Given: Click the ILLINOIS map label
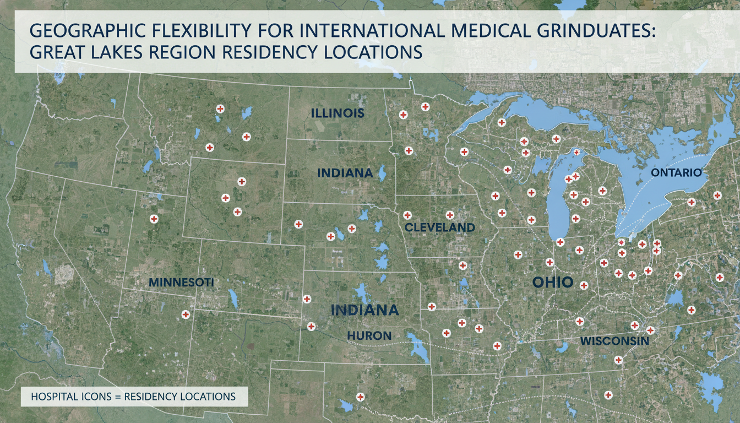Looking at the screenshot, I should click(338, 114).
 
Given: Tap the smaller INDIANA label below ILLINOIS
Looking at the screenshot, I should click(345, 173).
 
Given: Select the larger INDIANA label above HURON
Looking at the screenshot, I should click(364, 310).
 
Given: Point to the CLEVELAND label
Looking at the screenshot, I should click(439, 227).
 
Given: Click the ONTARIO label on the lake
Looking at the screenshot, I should click(676, 173).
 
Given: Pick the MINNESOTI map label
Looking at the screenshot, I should click(181, 282).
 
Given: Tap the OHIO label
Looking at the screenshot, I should click(553, 283).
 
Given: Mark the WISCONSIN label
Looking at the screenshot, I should click(614, 341).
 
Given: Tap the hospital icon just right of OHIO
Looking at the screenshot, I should click(584, 285).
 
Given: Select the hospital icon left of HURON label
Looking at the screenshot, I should click(311, 326).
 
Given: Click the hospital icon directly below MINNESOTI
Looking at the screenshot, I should click(186, 314).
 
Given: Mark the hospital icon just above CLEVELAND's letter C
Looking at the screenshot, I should click(407, 215).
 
